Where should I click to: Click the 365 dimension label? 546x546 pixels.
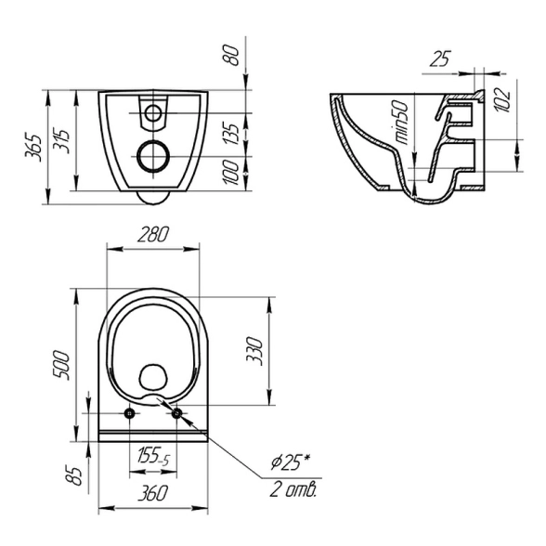pyautogui.click(x=33, y=148)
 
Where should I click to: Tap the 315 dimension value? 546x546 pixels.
pyautogui.click(x=61, y=141)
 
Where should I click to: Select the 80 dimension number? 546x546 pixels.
pyautogui.click(x=231, y=56)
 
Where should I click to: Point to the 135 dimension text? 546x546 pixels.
pyautogui.click(x=231, y=134)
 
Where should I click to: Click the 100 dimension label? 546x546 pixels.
pyautogui.click(x=230, y=173)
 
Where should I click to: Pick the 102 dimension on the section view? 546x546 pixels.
pyautogui.click(x=502, y=99)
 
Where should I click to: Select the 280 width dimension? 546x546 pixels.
pyautogui.click(x=153, y=234)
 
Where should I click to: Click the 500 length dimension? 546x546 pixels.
pyautogui.click(x=61, y=366)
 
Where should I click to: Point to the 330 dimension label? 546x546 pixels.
pyautogui.click(x=254, y=351)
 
